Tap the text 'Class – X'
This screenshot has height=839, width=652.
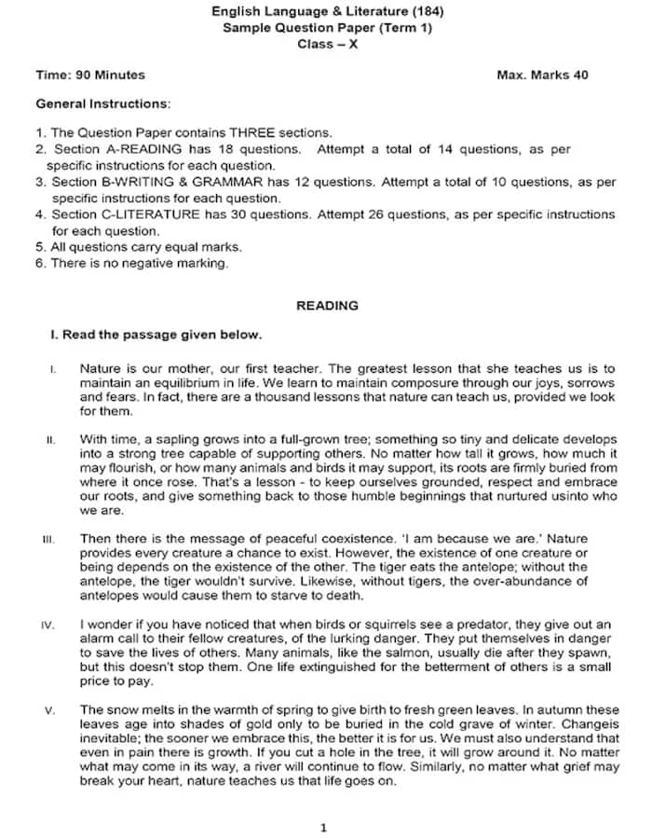coord(327,44)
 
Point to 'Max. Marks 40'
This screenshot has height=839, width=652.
coord(542,76)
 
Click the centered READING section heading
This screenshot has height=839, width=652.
coord(327,305)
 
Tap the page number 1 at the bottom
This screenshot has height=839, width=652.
coord(323,827)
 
